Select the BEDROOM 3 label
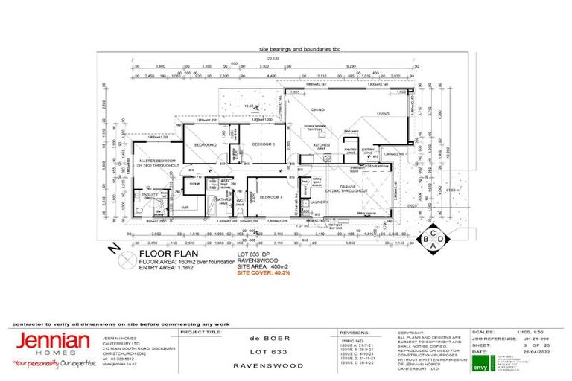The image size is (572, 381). click(x=263, y=144)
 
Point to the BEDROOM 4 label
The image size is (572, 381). click(x=271, y=196)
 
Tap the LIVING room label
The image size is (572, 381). click(x=382, y=114)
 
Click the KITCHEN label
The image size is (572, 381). click(x=321, y=145)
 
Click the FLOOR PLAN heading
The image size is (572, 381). click(x=162, y=253)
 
